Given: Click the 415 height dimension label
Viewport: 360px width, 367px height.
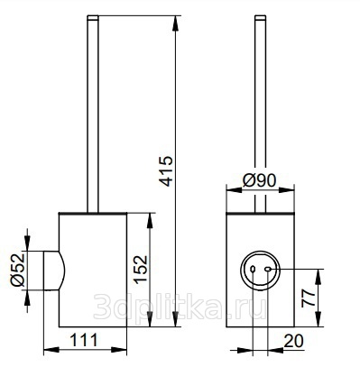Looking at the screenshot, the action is [166, 170].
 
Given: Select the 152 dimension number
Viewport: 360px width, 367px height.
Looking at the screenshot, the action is [141, 270].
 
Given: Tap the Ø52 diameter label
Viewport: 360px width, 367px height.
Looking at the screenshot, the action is [17, 270].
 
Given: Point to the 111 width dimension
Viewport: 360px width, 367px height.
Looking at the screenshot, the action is [84, 340].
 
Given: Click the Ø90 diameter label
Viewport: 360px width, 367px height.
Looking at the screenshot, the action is [259, 180].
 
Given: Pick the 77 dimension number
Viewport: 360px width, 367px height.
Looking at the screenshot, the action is [309, 298].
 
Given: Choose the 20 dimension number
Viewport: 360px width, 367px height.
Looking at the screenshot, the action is [293, 341].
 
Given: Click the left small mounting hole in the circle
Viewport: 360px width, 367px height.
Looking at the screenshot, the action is [253, 269].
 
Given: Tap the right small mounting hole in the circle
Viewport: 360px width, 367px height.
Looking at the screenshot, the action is [267, 270].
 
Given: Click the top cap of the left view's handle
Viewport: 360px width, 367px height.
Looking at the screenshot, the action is [93, 17].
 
